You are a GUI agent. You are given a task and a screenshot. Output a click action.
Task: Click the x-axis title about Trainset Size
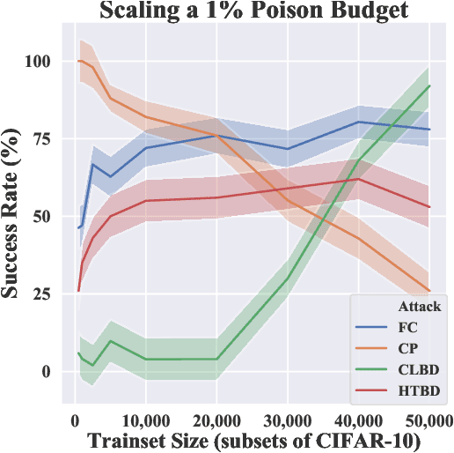252,437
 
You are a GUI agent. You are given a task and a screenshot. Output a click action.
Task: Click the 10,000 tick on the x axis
145,415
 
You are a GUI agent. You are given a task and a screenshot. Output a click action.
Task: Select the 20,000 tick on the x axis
216,415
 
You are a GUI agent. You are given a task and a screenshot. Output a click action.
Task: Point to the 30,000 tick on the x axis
287,415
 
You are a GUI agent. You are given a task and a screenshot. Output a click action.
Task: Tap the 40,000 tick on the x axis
358,415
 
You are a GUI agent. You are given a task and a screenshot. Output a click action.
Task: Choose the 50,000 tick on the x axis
428,415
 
